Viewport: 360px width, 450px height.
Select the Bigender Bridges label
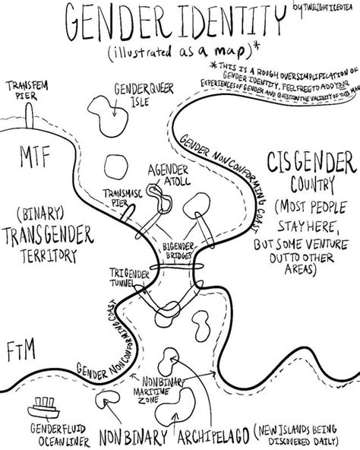(x=180, y=252)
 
